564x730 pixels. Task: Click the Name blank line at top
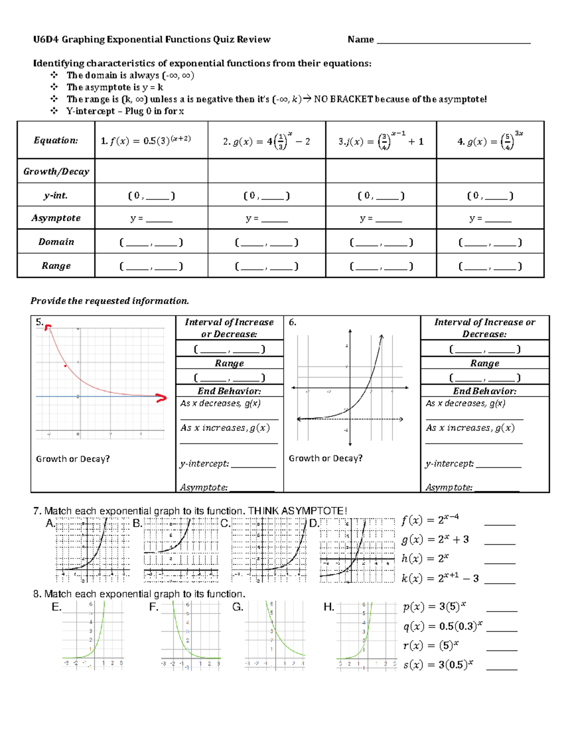pos(454,42)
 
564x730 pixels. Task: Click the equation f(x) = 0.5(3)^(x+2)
pos(146,141)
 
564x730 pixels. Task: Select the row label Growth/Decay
pos(56,172)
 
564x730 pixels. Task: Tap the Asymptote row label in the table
pos(56,218)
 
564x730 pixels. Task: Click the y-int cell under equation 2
pos(266,196)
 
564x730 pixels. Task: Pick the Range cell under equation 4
pos(490,267)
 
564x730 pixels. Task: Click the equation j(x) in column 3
pos(381,141)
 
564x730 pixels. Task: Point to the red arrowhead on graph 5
pos(162,398)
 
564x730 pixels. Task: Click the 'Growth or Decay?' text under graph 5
pos(73,459)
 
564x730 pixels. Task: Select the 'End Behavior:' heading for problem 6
pos(484,391)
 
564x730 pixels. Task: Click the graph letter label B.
pos(137,524)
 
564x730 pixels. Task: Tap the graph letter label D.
pos(313,524)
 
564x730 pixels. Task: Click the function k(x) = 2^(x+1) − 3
pos(440,578)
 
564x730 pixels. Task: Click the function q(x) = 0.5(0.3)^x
pos(442,626)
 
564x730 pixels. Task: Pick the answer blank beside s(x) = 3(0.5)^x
pos(501,668)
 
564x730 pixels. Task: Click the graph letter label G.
pos(237,607)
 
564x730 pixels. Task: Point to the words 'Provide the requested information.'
pos(110,301)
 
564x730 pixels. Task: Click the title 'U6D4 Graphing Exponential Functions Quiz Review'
pos(152,39)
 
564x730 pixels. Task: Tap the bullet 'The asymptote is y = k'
pos(115,87)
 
